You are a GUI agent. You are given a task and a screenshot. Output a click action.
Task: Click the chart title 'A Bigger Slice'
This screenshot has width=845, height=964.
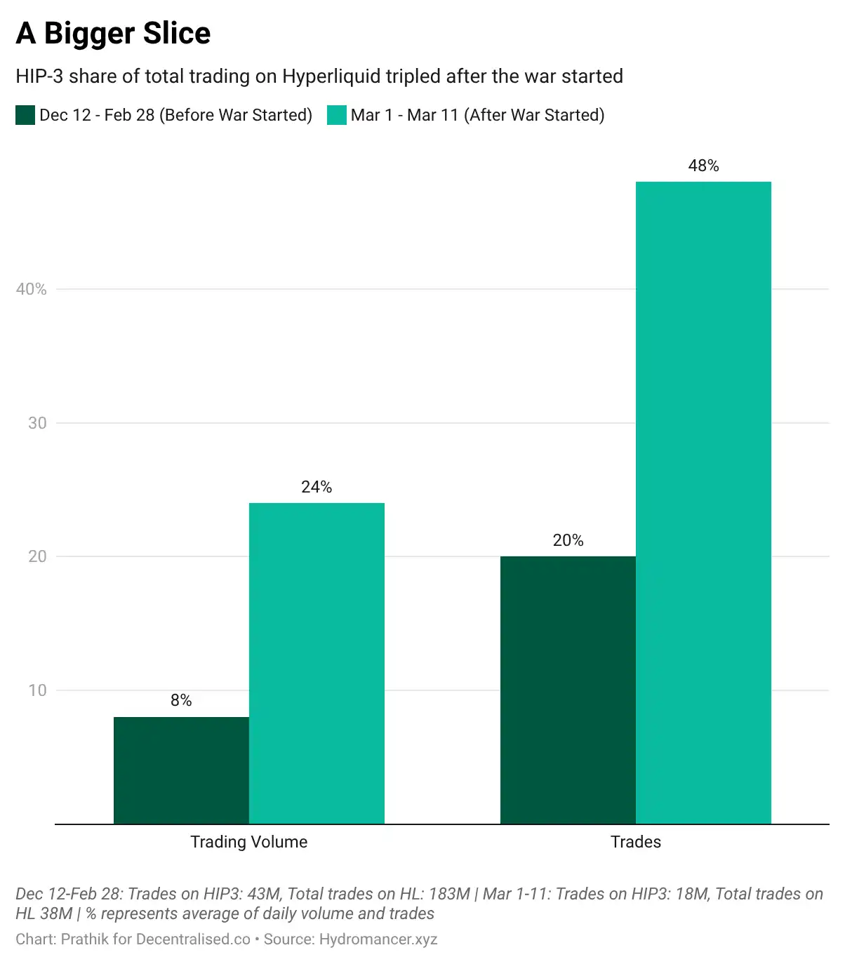(113, 33)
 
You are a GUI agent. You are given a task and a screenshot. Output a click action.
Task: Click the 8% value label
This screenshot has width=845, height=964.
(181, 700)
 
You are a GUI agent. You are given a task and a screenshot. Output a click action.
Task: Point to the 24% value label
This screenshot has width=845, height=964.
(317, 487)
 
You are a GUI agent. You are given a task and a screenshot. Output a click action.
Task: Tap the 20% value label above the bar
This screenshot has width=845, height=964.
(568, 540)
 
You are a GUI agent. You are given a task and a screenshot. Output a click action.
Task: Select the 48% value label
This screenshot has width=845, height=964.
(703, 166)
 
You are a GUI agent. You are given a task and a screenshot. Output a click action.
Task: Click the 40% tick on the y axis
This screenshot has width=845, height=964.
(32, 289)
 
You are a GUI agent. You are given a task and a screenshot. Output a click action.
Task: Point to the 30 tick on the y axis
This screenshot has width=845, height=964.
(37, 423)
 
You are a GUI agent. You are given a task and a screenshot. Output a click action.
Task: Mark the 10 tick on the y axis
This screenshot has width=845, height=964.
(37, 690)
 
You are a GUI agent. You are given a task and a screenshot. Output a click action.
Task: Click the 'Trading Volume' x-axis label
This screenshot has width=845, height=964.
(248, 842)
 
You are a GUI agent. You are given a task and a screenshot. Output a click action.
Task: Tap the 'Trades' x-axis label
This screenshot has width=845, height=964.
(635, 842)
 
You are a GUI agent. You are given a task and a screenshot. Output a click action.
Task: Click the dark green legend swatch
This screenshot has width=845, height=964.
(25, 115)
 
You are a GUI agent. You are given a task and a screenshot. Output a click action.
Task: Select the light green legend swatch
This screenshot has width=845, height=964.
(337, 115)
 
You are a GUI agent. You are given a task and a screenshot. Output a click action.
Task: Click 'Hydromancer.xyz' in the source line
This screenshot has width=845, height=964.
(378, 939)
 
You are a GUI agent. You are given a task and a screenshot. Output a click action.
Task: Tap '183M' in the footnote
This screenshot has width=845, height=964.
(449, 894)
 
